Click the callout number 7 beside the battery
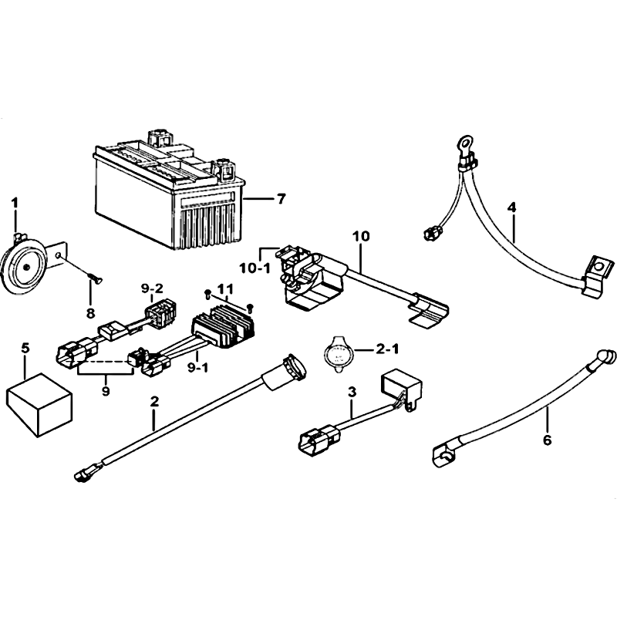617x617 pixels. pos(280,199)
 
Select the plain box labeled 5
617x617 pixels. pos(39,405)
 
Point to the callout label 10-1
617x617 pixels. pos(255,268)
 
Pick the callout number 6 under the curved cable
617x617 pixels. pos(547,440)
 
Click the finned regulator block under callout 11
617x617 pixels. pos(223,327)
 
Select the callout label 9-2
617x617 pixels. pos(152,288)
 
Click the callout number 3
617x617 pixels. pos(352,392)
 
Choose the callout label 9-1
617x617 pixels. pos(198,368)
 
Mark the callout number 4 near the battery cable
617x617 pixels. pos(511,207)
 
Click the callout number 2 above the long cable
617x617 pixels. pos(155,401)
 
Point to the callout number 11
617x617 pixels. pos(225,289)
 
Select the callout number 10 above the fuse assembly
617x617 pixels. pos(361,236)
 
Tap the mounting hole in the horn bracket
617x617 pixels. pos(59,256)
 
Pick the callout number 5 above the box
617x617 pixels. pos(25,348)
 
